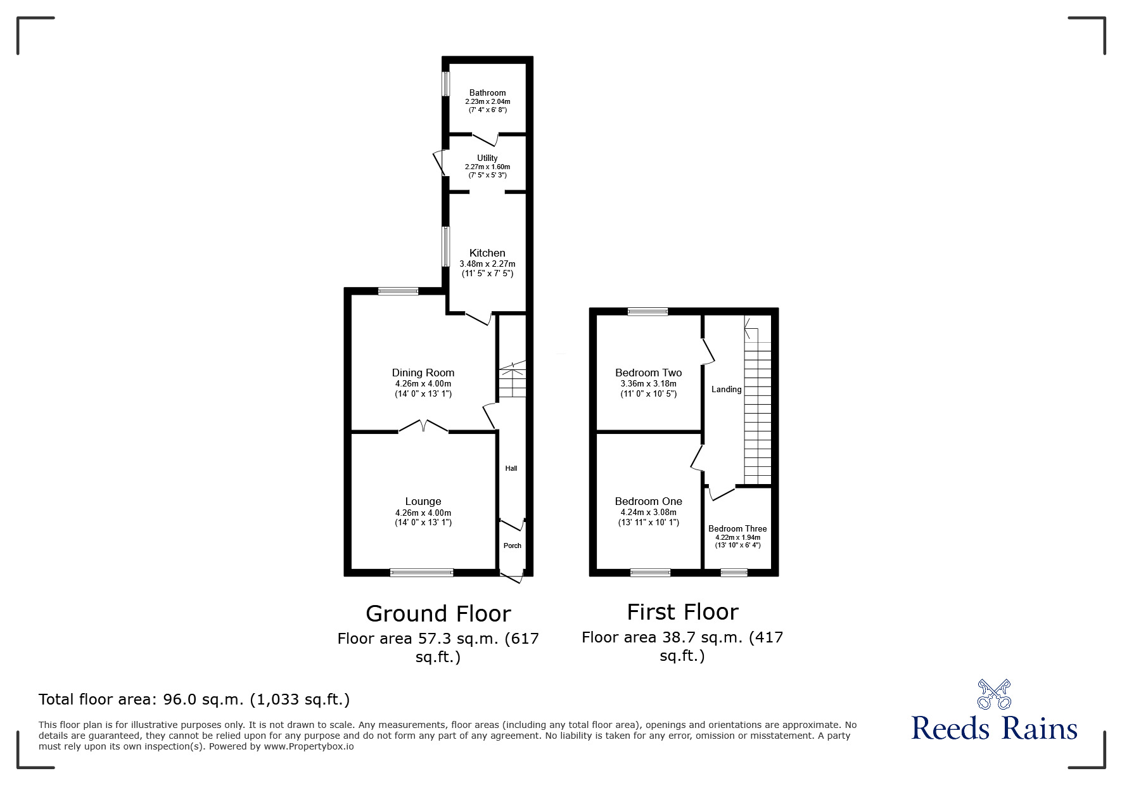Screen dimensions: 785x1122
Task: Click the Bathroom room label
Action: tap(487, 93)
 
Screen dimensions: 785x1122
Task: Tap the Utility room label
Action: tap(487, 158)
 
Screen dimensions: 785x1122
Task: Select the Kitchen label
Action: tap(487, 253)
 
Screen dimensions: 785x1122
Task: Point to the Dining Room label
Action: tap(423, 373)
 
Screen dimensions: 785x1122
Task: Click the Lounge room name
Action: tap(423, 501)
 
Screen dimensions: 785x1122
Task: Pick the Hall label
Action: tap(511, 468)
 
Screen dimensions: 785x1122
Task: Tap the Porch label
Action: tap(512, 546)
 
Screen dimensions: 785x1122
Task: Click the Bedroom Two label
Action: tap(648, 373)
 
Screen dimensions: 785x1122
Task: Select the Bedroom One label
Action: tap(648, 501)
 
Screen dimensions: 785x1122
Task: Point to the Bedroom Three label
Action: tap(737, 528)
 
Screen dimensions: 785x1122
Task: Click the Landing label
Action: tap(726, 389)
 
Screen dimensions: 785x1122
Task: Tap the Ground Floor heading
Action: tap(438, 613)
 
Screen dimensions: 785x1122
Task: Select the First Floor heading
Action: tap(682, 611)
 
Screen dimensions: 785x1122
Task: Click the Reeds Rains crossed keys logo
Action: tap(994, 694)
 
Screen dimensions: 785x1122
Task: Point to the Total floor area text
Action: tap(194, 699)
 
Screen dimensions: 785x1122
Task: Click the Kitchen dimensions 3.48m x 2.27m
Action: tap(487, 264)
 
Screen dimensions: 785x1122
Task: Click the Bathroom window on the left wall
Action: tap(445, 83)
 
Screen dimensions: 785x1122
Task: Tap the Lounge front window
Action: tap(421, 573)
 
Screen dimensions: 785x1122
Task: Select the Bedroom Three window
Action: tap(734, 573)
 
